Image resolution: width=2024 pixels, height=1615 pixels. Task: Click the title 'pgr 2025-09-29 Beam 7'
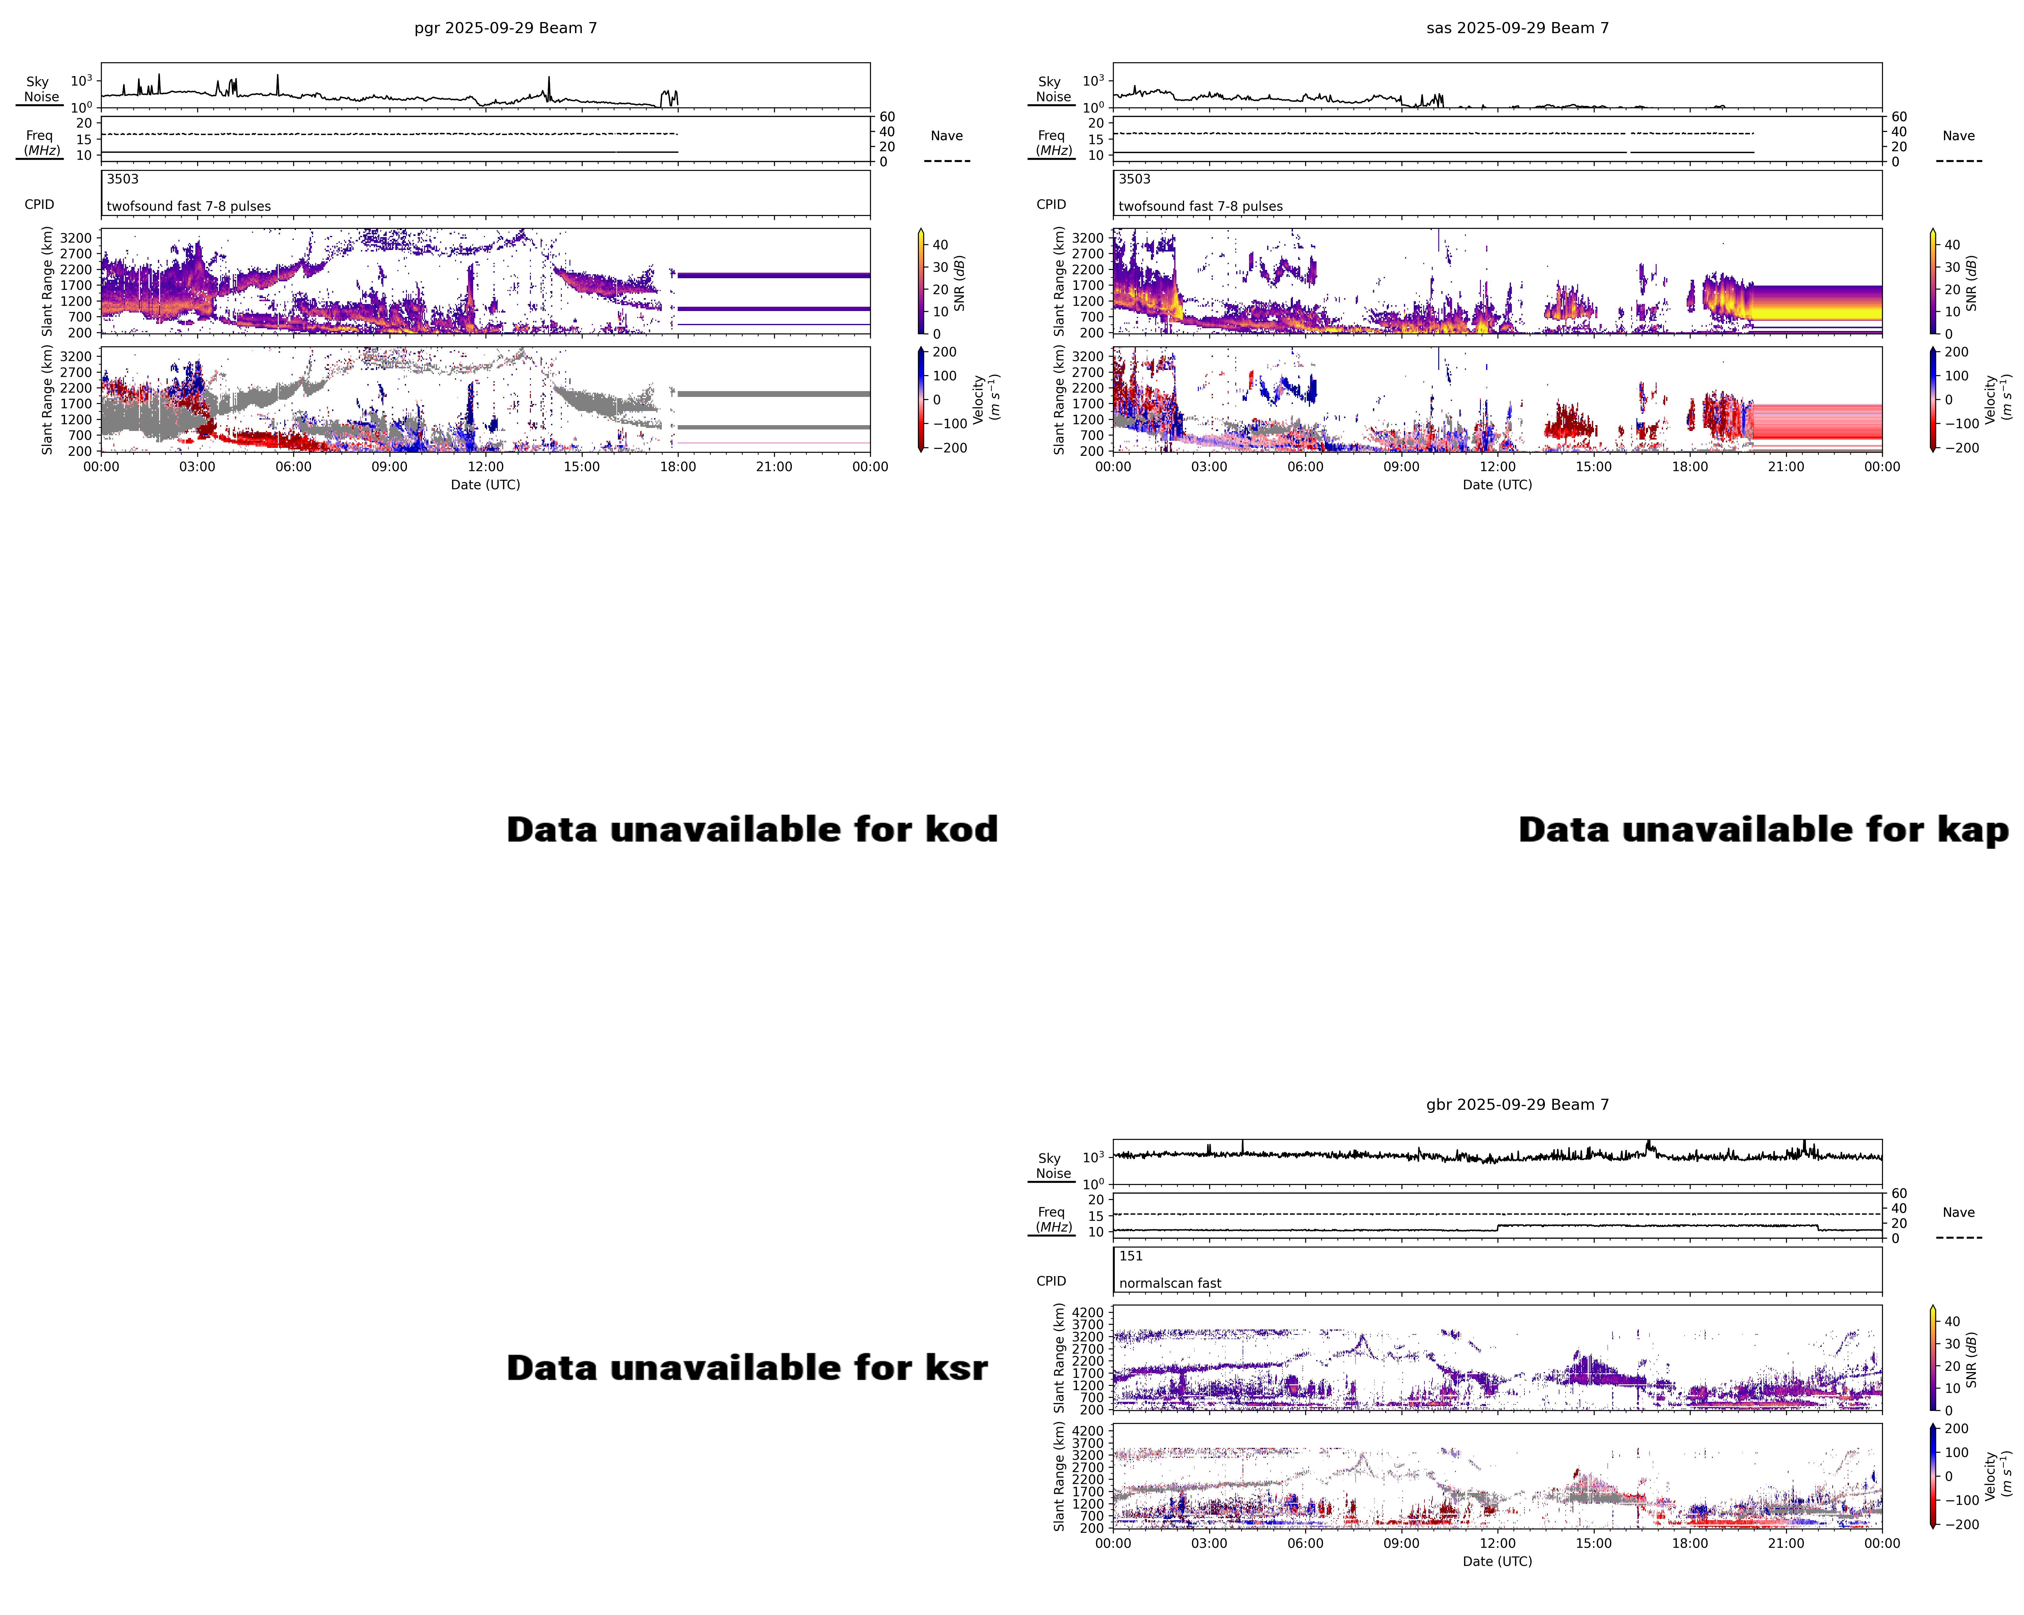pos(505,28)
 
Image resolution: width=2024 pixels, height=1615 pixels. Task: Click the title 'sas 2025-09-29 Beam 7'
pos(1517,28)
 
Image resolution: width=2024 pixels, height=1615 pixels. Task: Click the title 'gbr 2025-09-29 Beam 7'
pos(1517,1104)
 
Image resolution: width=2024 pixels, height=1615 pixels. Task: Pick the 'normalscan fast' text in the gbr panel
pos(1170,1282)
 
